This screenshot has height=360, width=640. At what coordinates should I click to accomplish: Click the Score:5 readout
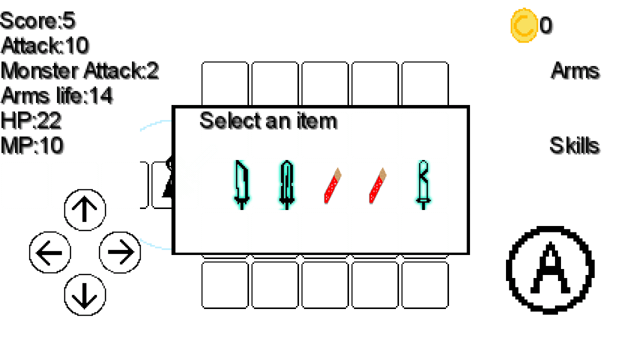[x=37, y=20]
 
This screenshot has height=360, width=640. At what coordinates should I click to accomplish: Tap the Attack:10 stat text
[x=45, y=45]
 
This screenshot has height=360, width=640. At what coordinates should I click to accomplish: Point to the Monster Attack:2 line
[x=79, y=70]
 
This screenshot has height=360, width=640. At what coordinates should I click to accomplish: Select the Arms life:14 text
[x=57, y=95]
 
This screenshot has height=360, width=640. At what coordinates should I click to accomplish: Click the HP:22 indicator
[x=31, y=120]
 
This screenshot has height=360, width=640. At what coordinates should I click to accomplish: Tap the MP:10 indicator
[x=32, y=145]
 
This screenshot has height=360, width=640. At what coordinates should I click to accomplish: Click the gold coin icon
[x=523, y=25]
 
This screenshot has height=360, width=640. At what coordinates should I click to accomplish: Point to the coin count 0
[x=545, y=25]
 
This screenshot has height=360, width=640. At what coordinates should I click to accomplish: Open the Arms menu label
[x=575, y=70]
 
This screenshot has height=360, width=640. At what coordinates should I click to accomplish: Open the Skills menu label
[x=574, y=145]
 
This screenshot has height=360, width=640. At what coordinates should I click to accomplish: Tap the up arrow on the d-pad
[x=85, y=209]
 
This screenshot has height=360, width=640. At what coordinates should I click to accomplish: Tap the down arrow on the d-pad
[x=85, y=295]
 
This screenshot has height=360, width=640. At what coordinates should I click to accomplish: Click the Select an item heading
[x=268, y=121]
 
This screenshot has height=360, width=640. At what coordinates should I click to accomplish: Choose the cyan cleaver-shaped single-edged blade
[x=241, y=185]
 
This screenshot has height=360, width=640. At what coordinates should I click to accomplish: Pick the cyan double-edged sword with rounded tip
[x=286, y=185]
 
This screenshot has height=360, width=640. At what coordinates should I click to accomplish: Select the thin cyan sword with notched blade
[x=423, y=185]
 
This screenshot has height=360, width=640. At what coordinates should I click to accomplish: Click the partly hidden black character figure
[x=169, y=177]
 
